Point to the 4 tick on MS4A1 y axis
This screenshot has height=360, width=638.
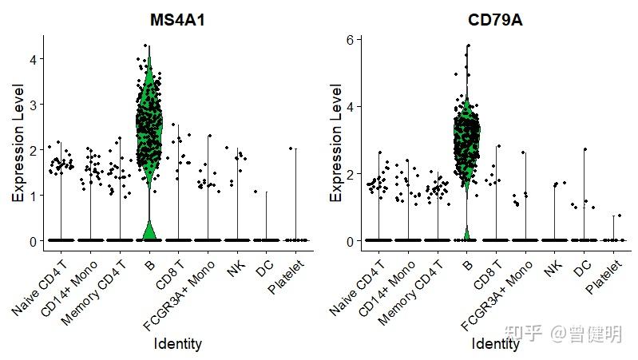tap(34, 59)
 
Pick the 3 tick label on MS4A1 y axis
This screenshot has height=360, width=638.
tap(34, 105)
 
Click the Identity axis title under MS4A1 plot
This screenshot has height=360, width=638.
tap(177, 344)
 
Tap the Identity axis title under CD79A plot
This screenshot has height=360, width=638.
tap(495, 344)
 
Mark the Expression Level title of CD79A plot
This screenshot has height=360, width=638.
tap(335, 144)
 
